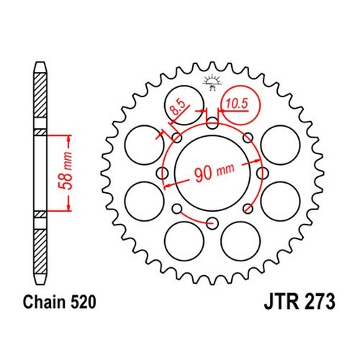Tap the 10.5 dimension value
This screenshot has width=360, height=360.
(x=237, y=104)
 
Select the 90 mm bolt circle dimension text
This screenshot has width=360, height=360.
(x=214, y=172)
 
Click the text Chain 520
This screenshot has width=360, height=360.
(x=60, y=302)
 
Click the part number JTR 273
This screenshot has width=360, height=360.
(x=300, y=302)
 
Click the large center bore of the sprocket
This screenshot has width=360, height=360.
(x=212, y=174)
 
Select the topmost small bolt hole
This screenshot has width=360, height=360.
(x=212, y=123)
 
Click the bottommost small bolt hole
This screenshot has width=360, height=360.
(x=212, y=223)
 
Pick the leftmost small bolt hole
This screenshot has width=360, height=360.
(x=162, y=173)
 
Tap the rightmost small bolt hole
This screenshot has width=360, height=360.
(x=262, y=173)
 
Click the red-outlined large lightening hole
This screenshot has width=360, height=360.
(x=240, y=105)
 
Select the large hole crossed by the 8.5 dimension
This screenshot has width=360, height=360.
(x=184, y=105)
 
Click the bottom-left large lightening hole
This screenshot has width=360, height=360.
(x=184, y=241)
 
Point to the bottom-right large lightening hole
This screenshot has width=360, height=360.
(x=240, y=241)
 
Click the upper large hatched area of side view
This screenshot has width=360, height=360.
(x=40, y=95)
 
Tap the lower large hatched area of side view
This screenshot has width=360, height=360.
(x=40, y=251)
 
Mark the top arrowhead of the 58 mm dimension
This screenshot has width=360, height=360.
(x=69, y=138)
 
